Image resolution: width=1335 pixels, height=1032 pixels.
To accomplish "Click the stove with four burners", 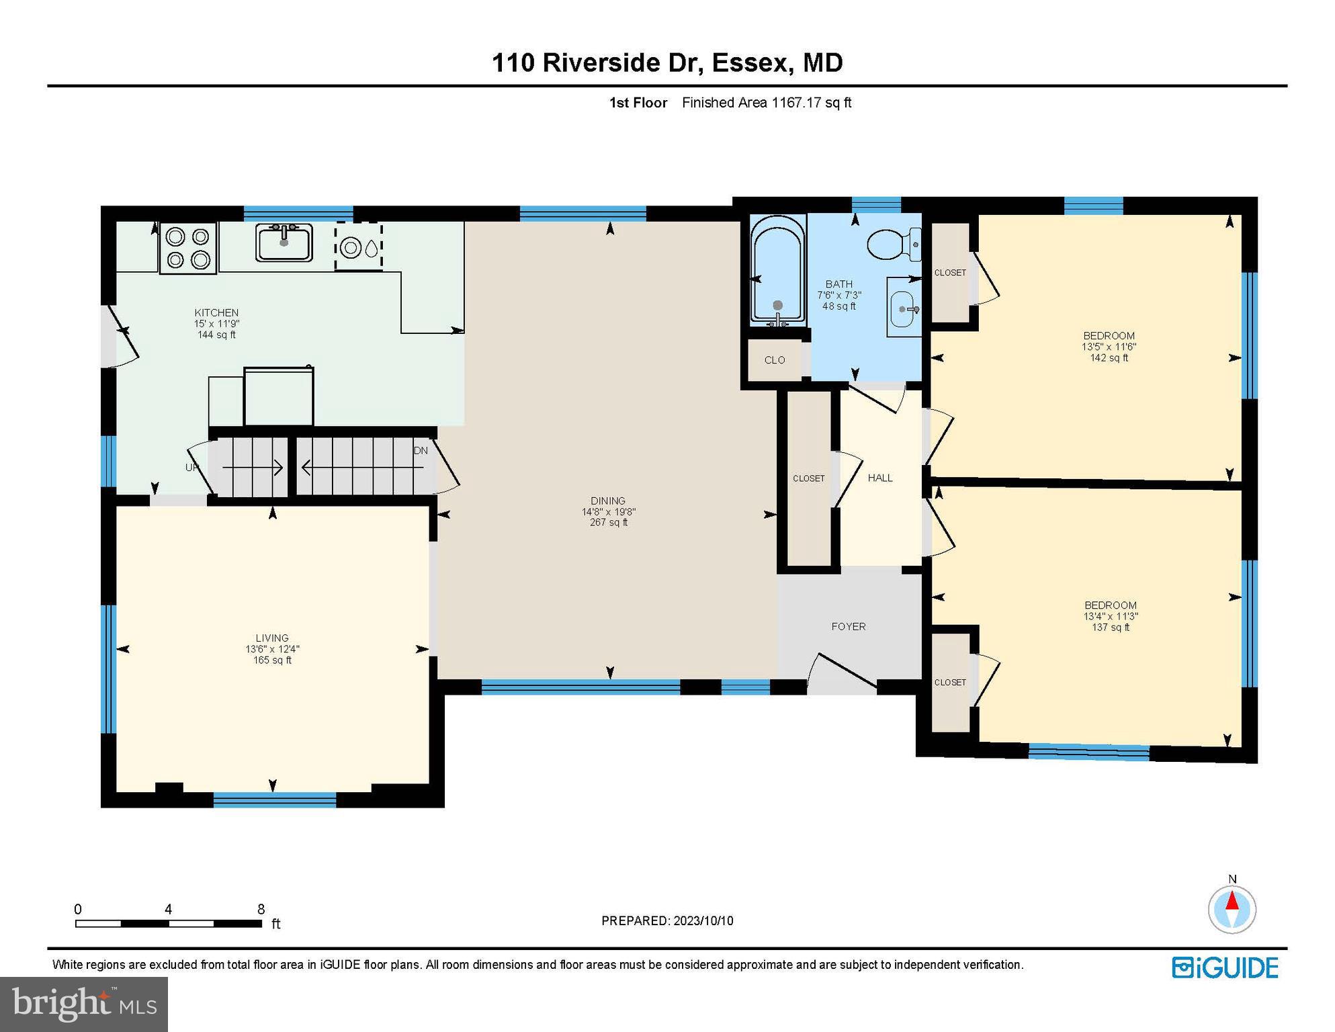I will coord(188,248).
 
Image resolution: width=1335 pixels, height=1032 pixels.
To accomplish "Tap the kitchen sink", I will coord(284,243).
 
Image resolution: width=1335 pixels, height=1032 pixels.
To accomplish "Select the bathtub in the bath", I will coord(777,271).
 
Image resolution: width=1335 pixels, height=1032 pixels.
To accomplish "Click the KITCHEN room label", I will coord(216,312).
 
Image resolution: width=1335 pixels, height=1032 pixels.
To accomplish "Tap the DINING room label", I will coord(608,501).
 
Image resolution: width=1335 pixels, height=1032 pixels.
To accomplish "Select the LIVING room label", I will coord(272,638).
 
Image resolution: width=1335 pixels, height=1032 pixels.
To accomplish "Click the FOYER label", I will coord(848,626).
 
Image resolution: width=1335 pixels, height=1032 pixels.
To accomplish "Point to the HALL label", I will coord(879,478).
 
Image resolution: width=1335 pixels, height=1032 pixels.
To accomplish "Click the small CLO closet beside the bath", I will coord(774,360).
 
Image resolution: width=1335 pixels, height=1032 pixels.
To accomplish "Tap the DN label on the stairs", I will coord(421,451).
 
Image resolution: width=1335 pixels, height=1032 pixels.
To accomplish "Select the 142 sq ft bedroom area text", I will coord(1109,358).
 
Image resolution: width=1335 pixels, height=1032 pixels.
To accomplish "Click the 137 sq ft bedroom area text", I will coord(1110,628).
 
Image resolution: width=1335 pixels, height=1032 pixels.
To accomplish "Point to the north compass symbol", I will coord(1232,909).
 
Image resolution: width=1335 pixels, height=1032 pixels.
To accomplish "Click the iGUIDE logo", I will coord(1225,967).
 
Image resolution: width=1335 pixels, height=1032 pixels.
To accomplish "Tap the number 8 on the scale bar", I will coord(261,909).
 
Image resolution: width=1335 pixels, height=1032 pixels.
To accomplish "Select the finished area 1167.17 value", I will coord(797,103).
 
